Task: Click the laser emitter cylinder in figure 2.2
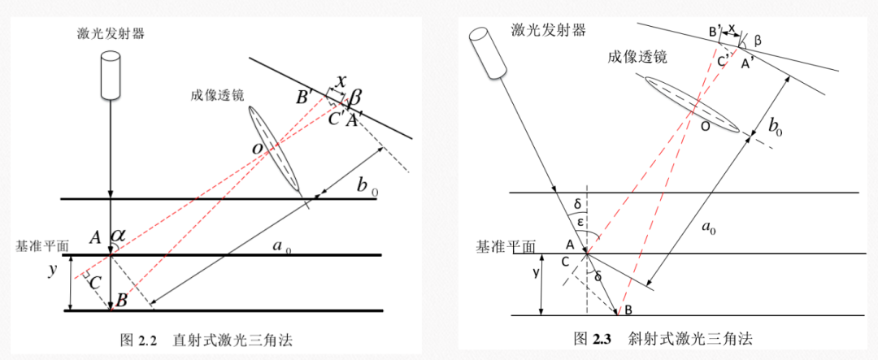(x=111, y=74)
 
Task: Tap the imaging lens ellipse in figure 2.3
(x=692, y=103)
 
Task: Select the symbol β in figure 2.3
(x=758, y=40)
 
